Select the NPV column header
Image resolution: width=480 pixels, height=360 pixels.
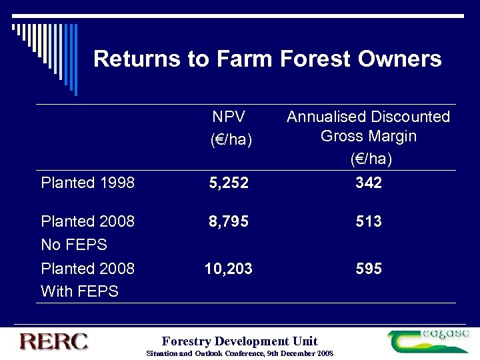tap(229, 117)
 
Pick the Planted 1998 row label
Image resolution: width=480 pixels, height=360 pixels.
tap(87, 182)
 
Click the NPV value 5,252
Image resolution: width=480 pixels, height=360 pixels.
tap(229, 182)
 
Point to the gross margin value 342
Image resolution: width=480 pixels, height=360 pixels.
tap(368, 182)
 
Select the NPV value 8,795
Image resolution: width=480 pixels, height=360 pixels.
tap(229, 221)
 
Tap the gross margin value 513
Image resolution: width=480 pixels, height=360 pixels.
tap(368, 221)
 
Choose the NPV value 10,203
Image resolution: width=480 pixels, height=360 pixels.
tap(229, 269)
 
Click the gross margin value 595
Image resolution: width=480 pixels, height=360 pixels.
tap(368, 269)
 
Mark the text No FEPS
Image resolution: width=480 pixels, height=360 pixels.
tap(74, 245)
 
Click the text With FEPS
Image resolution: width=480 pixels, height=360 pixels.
tap(79, 291)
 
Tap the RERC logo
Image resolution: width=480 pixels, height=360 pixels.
tap(53, 341)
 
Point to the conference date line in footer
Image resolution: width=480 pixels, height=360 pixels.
tap(239, 353)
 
